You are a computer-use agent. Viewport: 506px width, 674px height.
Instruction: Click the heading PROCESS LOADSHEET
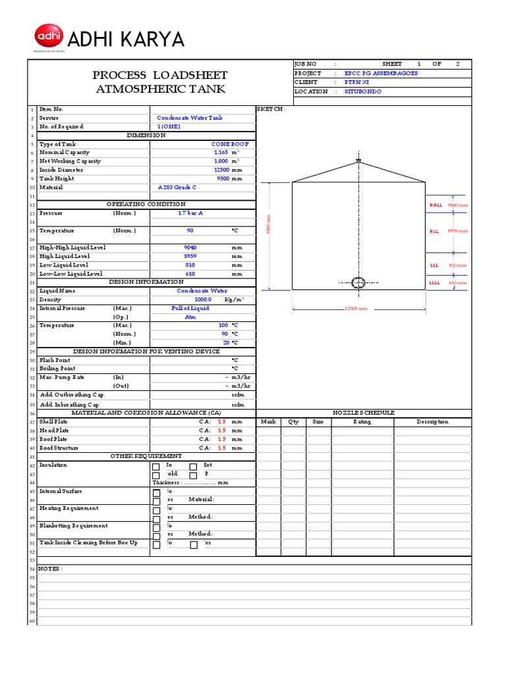click(x=161, y=75)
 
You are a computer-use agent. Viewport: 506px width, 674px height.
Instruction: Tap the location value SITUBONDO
click(x=363, y=91)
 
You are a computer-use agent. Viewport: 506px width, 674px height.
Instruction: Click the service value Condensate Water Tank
click(x=190, y=118)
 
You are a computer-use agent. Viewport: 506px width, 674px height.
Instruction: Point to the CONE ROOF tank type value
click(x=230, y=143)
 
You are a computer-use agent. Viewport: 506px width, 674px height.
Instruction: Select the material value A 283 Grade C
click(x=177, y=187)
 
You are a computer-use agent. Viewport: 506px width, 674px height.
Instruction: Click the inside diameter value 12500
click(x=221, y=170)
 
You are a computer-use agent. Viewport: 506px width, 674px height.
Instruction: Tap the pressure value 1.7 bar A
click(x=192, y=213)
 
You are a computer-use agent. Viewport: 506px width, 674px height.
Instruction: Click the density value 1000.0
click(x=198, y=299)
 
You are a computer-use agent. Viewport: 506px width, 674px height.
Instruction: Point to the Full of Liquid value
click(x=190, y=308)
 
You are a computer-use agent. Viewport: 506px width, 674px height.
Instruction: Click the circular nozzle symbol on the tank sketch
click(x=358, y=283)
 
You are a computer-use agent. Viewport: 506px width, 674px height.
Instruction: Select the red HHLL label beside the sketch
click(x=436, y=205)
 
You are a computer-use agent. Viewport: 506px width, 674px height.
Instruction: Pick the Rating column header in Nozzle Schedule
click(x=362, y=422)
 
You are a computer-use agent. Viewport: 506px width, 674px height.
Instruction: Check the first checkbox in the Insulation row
click(x=156, y=467)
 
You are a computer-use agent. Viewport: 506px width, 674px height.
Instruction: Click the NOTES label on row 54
click(x=50, y=568)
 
